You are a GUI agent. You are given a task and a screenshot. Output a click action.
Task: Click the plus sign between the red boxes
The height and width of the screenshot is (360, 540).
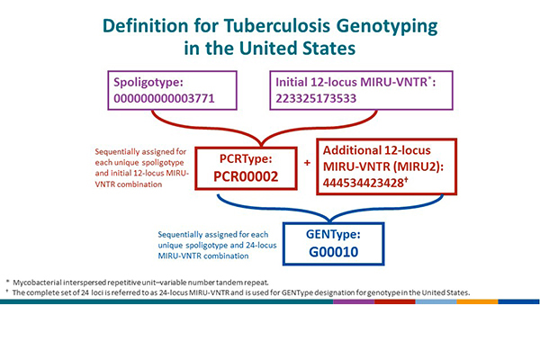tap(306, 164)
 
